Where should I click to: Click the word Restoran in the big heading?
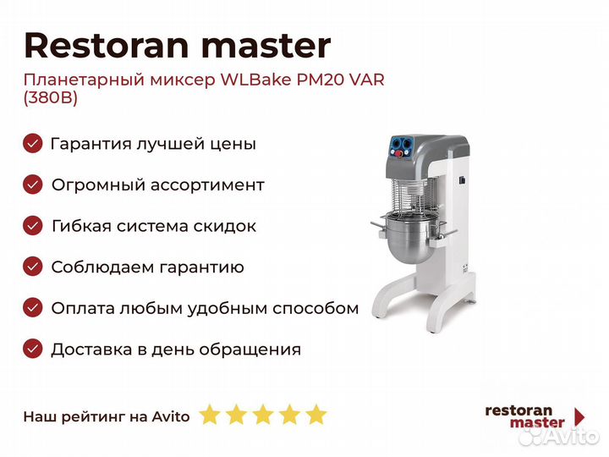pyautogui.click(x=107, y=46)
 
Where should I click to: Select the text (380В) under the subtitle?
pyautogui.click(x=51, y=97)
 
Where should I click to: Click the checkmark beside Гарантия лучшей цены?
pyautogui.click(x=33, y=143)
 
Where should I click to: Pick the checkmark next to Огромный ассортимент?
pyautogui.click(x=33, y=184)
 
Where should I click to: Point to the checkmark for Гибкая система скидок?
pyautogui.click(x=33, y=226)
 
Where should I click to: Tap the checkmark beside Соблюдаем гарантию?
pyautogui.click(x=33, y=267)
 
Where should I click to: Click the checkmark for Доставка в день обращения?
pyautogui.click(x=33, y=349)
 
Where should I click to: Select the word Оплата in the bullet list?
pyautogui.click(x=83, y=308)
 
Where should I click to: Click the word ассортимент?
pyautogui.click(x=207, y=185)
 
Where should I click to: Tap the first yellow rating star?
pyautogui.click(x=210, y=414)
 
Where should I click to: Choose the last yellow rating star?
pyautogui.click(x=316, y=414)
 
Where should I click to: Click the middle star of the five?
pyautogui.click(x=263, y=414)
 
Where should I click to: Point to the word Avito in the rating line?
pyautogui.click(x=171, y=416)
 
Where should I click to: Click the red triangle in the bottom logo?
pyautogui.click(x=579, y=417)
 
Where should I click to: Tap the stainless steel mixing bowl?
pyautogui.click(x=409, y=240)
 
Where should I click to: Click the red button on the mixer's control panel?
pyautogui.click(x=399, y=154)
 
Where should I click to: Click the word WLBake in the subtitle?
pyautogui.click(x=256, y=80)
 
